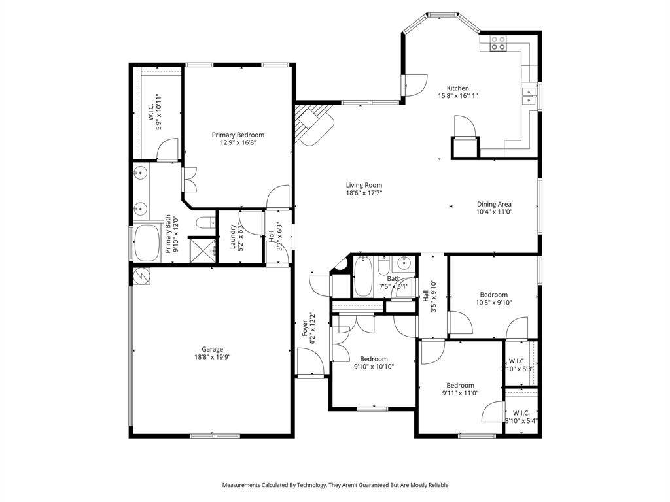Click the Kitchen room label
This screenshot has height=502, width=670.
[457, 88]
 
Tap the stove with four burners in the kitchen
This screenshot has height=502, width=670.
[498, 43]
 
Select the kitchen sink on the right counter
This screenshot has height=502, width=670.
[529, 97]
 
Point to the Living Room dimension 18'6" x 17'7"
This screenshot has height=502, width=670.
[364, 193]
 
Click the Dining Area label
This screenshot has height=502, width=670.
[494, 204]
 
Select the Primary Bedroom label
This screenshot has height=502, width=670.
[238, 135]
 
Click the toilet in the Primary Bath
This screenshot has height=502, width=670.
[205, 222]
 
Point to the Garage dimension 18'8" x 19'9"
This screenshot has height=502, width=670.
[212, 357]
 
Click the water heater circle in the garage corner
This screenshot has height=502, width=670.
[141, 277]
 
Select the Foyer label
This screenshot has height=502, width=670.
[304, 328]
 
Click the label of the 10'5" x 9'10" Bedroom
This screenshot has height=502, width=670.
[493, 295]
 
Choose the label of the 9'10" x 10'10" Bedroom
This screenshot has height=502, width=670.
[374, 358]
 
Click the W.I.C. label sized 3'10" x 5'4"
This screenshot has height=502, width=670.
[521, 412]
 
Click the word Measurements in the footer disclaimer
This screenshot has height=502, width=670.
[244, 485]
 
